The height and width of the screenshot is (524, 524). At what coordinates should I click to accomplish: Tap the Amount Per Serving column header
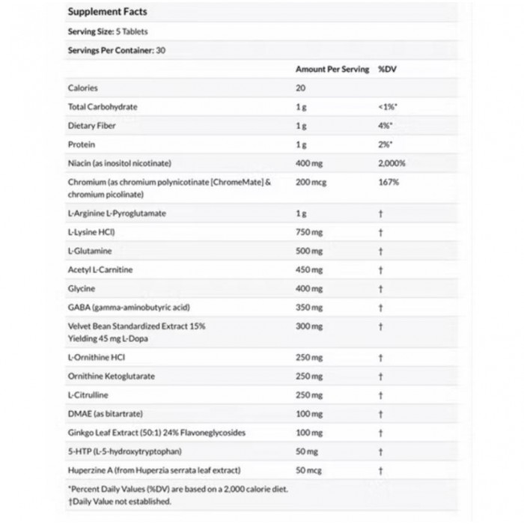coord(332,69)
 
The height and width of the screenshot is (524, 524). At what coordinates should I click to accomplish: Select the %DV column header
coord(386,69)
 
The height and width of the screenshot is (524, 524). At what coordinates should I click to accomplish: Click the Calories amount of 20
coord(301,88)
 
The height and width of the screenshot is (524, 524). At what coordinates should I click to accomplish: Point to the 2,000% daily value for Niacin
coord(393,162)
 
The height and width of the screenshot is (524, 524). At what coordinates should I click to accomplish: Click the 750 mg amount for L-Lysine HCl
coord(309,232)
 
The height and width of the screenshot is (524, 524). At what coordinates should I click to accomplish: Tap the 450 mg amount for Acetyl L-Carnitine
coord(309,269)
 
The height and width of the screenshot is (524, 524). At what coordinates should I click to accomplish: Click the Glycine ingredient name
coord(82,288)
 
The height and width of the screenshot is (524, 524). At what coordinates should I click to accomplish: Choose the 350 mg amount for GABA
coord(309,307)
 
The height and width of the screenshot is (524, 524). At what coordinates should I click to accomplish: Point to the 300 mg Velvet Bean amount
coord(309,326)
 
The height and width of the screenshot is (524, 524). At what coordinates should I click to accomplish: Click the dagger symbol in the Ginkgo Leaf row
coord(381,433)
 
